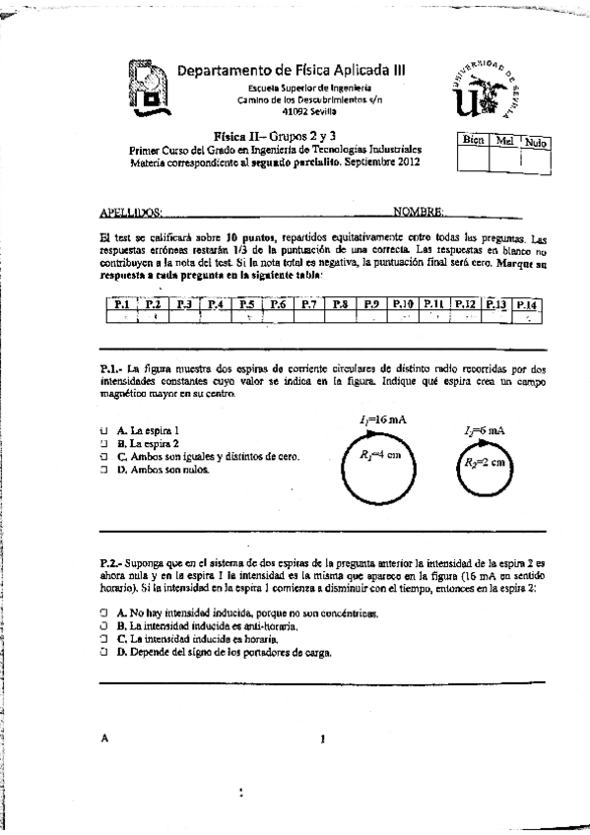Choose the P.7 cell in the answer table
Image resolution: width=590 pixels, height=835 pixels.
308,304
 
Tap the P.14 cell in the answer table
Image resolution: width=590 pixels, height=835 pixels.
528,304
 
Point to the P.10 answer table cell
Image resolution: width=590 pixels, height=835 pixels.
403,304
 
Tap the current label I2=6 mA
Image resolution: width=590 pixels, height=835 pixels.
485,430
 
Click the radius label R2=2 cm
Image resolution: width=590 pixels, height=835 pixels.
487,462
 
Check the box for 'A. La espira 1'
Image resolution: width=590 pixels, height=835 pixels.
104,430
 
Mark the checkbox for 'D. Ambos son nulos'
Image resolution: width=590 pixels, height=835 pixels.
104,470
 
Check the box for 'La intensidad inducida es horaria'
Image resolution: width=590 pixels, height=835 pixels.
104,639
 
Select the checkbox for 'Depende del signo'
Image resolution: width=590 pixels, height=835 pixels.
104,652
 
